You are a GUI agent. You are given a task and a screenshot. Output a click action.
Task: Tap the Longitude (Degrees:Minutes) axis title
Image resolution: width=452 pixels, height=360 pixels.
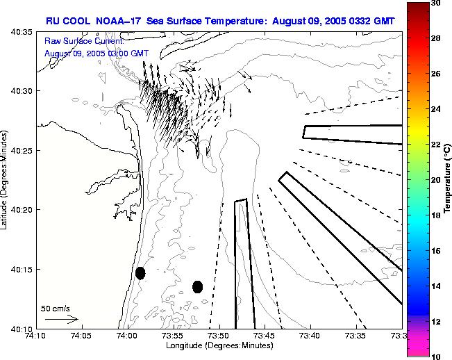coord(219,345)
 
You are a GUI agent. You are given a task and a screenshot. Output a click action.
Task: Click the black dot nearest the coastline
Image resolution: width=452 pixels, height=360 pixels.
coord(140,273)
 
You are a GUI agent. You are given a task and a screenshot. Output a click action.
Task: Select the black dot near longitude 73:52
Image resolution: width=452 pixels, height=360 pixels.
coord(197,286)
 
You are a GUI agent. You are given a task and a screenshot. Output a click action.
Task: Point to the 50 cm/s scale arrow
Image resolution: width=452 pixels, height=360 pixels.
coord(61,319)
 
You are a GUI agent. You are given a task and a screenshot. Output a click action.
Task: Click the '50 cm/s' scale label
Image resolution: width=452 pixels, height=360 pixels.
coord(56,308)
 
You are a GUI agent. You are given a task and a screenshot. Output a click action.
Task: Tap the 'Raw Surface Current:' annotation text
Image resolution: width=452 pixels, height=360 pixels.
coord(78,41)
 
